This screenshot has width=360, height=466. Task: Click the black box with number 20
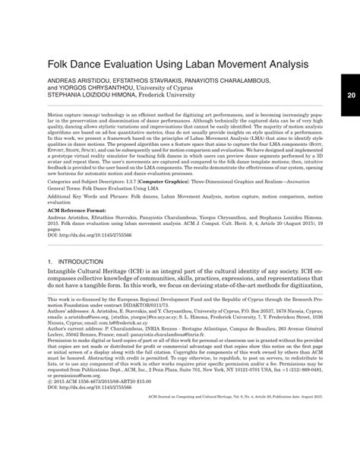pyautogui.click(x=350, y=95)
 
